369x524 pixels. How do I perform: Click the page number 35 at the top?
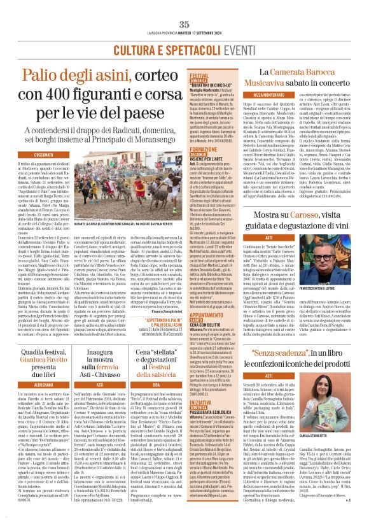coord(184,6)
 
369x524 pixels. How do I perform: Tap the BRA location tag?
coord(154,385)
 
